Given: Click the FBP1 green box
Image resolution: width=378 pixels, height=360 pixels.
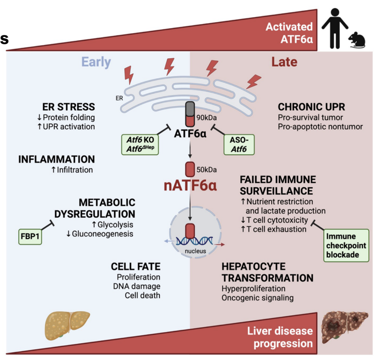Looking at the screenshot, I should [x=31, y=237].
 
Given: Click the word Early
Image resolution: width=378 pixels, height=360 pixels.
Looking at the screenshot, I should [x=96, y=62].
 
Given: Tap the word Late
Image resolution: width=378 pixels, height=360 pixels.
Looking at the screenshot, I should [x=284, y=62].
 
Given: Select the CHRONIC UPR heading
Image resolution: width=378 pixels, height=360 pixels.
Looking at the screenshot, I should [x=312, y=107].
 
